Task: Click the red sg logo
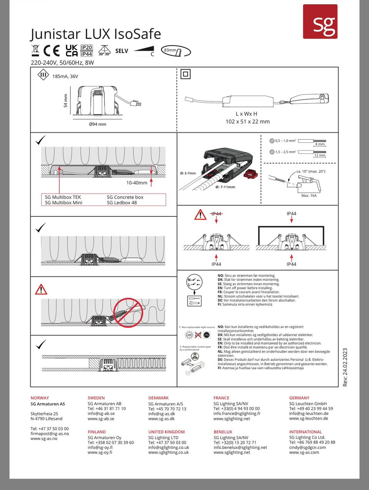(320, 22)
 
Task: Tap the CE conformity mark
(52, 51)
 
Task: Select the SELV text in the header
(121, 51)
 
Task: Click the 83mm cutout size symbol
(176, 51)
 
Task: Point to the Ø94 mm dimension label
(97, 124)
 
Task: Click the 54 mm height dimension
(66, 101)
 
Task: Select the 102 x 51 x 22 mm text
(247, 122)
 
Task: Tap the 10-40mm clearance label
(137, 183)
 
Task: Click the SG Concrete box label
(125, 197)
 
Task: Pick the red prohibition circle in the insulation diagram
(128, 312)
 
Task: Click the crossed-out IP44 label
(216, 214)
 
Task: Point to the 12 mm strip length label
(319, 155)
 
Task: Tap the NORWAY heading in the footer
(40, 398)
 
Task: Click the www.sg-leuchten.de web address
(309, 418)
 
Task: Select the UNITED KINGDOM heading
(166, 432)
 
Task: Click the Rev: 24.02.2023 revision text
(345, 367)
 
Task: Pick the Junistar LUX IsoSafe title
(96, 34)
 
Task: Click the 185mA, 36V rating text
(65, 76)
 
